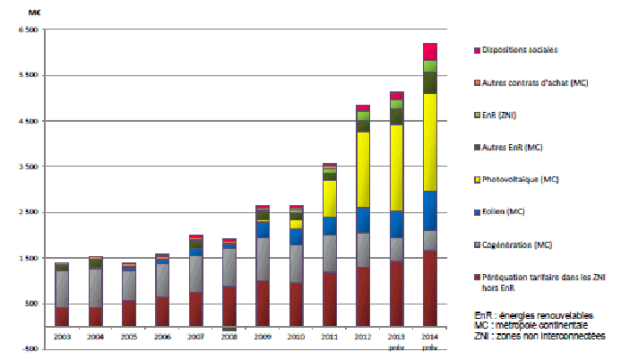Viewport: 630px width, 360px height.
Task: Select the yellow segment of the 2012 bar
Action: (x=363, y=169)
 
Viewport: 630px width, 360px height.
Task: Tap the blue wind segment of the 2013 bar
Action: (x=396, y=224)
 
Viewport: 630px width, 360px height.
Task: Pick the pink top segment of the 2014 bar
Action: (x=429, y=51)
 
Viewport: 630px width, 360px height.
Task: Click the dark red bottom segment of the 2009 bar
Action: (x=262, y=303)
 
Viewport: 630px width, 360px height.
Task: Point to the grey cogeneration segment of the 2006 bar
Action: (x=162, y=280)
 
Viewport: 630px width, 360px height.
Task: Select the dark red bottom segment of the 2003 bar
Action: (x=62, y=316)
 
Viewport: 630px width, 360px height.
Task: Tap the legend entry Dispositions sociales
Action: (x=519, y=50)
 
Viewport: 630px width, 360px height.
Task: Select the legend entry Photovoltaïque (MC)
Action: (x=520, y=180)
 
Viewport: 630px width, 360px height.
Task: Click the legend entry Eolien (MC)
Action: (x=506, y=212)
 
